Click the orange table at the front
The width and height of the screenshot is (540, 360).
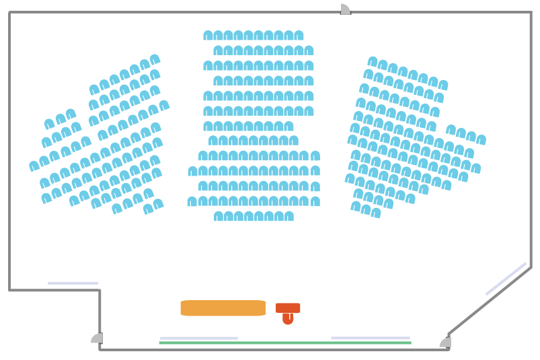(223, 308)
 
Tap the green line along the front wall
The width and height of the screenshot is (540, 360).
(284, 343)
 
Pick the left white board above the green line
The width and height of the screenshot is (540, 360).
(198, 338)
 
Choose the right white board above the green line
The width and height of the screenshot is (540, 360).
(370, 338)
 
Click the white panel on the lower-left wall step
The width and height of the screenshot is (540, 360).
(73, 283)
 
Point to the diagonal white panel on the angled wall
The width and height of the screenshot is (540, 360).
(506, 279)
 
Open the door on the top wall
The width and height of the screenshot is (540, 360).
(345, 9)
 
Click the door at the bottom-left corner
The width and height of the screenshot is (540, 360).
(97, 338)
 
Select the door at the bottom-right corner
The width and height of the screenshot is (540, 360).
(445, 342)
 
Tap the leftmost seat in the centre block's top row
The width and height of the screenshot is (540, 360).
(208, 36)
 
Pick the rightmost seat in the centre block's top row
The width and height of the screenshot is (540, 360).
(299, 36)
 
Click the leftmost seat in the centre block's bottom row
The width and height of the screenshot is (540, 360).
(219, 216)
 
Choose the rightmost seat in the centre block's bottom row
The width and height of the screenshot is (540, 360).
(289, 216)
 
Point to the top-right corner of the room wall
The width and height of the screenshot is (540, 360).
(531, 12)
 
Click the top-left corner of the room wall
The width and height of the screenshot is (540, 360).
(9, 12)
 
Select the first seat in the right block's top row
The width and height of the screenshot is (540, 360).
(373, 61)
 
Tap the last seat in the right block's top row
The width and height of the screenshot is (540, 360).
(443, 85)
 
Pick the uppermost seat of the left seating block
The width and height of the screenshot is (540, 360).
(155, 59)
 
